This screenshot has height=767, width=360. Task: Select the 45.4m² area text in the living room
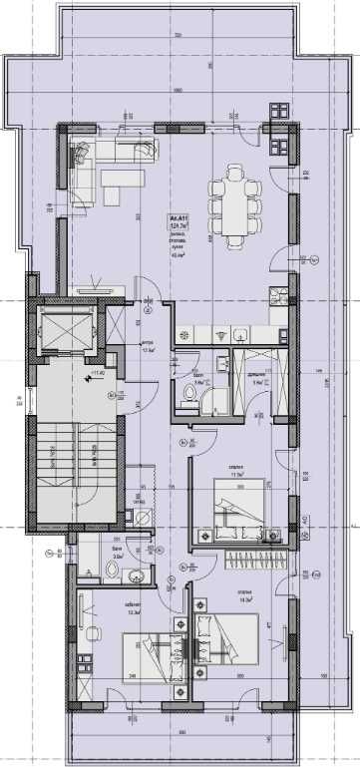(180, 253)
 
